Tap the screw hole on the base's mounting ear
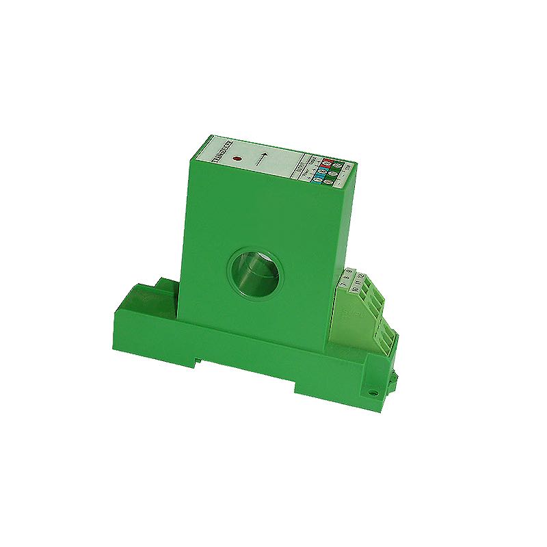click(373, 392)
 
